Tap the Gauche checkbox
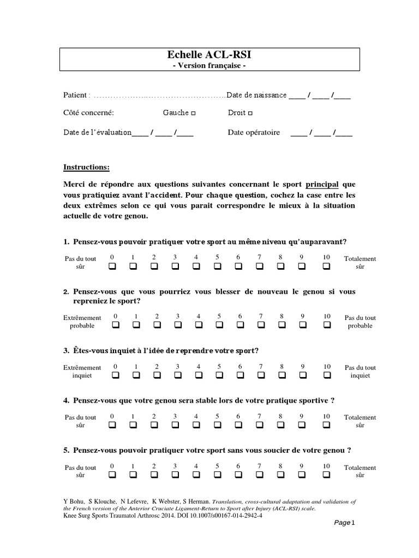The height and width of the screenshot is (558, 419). coord(194,113)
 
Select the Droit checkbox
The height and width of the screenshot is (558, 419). coord(250,113)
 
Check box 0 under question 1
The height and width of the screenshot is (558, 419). coord(112,266)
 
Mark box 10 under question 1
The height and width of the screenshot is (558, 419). coord(326,266)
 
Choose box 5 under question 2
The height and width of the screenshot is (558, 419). coord(219,325)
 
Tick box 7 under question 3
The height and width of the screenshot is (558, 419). coord(261,375)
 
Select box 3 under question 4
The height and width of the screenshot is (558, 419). coord(175,425)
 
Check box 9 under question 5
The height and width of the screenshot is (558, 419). coord(302,475)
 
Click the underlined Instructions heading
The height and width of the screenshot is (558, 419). coord(86,167)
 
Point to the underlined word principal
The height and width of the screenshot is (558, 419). coord(322,185)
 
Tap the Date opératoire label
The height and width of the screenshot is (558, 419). coord(254,132)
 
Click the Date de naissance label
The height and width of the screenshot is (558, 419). coord(256,95)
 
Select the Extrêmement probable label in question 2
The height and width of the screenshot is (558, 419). coord(82,322)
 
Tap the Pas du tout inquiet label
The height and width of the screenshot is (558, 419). coord(360,371)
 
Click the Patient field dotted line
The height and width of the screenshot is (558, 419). coord(158,96)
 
